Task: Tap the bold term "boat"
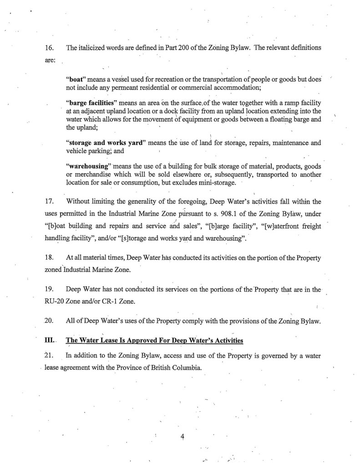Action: point(76,78)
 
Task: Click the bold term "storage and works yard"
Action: point(106,143)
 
